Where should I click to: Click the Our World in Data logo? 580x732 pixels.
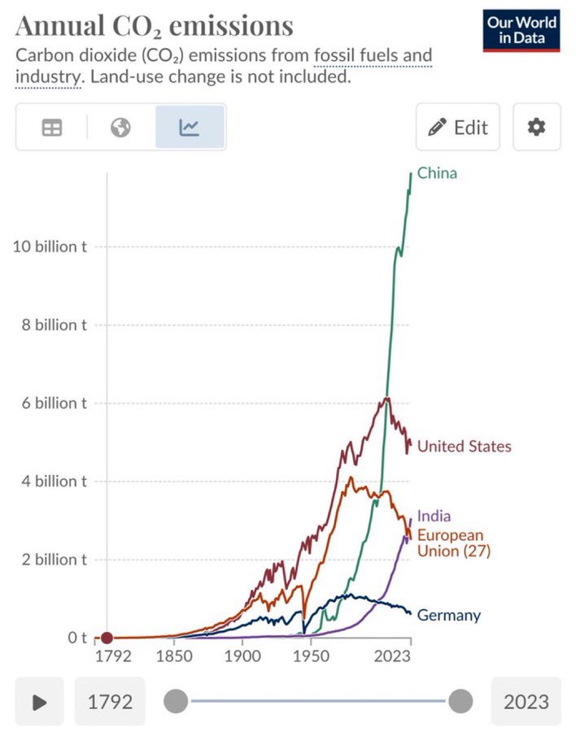(521, 30)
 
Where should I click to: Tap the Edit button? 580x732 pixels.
(458, 127)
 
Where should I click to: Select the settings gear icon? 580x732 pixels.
(536, 127)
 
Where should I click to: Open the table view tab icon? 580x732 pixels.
(51, 127)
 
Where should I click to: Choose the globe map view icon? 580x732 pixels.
(121, 127)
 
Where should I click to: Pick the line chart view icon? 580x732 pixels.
(190, 127)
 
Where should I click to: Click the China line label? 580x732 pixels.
(437, 172)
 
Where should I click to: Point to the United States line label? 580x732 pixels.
(464, 446)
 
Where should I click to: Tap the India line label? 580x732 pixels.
(434, 516)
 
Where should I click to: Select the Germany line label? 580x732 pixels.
(448, 615)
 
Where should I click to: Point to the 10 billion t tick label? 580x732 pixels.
(50, 246)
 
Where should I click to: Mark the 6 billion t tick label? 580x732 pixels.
(54, 403)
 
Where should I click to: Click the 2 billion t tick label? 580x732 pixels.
(54, 560)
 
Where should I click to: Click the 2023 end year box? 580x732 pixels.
(525, 701)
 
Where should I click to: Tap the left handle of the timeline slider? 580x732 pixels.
(176, 700)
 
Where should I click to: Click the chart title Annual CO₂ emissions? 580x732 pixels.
(155, 26)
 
